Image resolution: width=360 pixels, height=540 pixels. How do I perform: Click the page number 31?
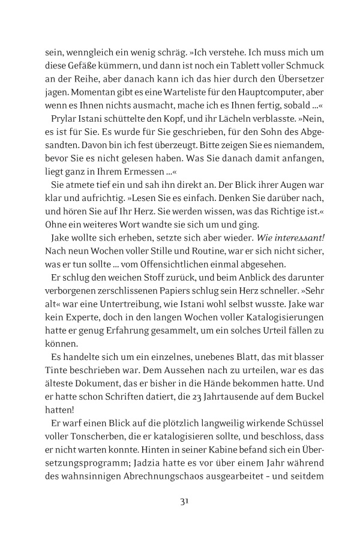[180, 502]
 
